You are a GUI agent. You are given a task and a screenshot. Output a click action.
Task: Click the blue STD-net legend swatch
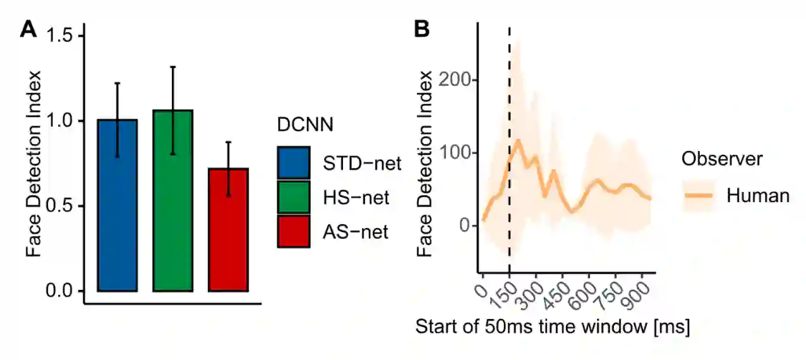(293, 163)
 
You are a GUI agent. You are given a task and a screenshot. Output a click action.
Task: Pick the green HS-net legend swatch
(293, 198)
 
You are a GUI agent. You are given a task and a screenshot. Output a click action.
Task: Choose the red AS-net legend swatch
(293, 232)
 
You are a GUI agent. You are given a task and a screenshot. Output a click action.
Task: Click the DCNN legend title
(305, 125)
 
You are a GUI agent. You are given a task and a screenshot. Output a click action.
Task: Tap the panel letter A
(28, 29)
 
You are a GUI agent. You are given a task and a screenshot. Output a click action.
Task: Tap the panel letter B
(421, 29)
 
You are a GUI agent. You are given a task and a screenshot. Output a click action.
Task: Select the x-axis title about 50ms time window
(552, 328)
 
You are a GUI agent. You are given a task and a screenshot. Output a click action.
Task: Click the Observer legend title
(721, 159)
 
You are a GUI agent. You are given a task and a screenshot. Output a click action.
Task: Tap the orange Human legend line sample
(699, 196)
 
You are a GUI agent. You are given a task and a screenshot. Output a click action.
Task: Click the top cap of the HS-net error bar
(172, 66)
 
